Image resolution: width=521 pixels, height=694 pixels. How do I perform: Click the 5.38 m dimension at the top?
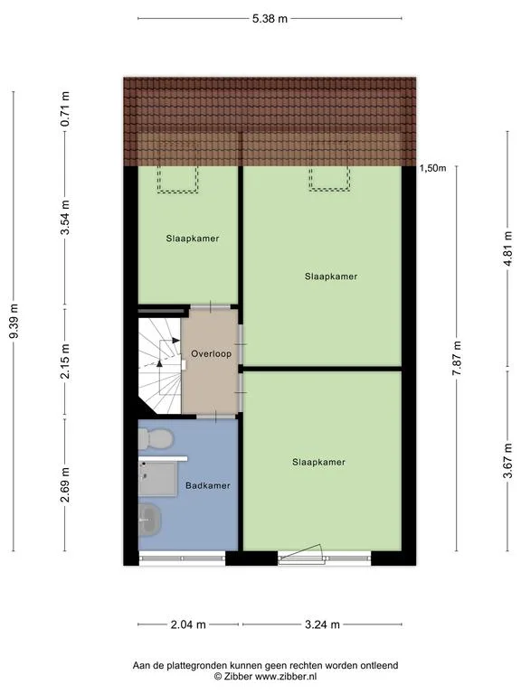[270, 19]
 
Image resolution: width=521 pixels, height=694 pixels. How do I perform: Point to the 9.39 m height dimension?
[14, 321]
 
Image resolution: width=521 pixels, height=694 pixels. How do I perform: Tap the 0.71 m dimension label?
[65, 108]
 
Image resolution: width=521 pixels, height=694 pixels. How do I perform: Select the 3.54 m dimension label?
[65, 217]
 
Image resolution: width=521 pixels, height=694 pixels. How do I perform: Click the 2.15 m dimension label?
[65, 361]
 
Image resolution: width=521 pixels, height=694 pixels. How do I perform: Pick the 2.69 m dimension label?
[65, 485]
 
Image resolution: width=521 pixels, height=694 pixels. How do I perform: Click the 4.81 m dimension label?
[508, 249]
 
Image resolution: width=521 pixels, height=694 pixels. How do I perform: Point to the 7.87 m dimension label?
[457, 358]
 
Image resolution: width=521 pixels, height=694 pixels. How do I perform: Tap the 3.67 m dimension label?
[508, 460]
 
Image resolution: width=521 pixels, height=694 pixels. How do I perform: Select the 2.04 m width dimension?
[188, 624]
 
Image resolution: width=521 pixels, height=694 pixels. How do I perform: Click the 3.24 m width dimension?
[322, 624]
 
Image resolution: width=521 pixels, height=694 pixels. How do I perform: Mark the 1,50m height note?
[433, 168]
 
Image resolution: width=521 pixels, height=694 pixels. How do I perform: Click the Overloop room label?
[212, 354]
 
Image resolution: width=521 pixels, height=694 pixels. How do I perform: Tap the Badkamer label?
[208, 485]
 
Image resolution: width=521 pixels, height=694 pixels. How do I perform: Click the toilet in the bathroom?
[156, 439]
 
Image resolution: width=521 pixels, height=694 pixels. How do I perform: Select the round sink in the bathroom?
[150, 520]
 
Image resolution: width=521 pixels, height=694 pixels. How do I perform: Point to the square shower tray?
[157, 479]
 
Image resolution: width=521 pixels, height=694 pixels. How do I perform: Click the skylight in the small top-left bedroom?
[177, 179]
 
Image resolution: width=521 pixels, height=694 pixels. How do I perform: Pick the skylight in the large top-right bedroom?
[329, 179]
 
